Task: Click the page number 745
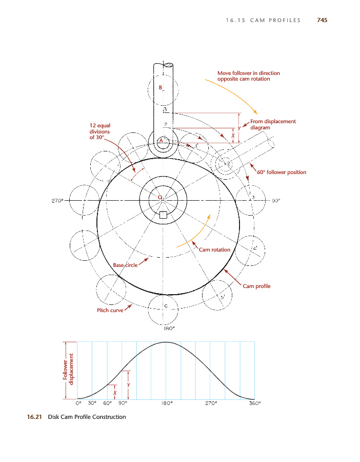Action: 322,20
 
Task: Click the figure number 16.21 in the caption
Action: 34,417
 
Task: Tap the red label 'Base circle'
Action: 125,265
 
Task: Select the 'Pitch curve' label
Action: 110,310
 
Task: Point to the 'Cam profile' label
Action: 256,286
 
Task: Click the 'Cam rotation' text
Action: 214,249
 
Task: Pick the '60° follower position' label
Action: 282,172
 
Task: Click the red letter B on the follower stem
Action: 161,87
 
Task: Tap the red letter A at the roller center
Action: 161,141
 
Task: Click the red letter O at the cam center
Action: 160,197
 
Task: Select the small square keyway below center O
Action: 163,215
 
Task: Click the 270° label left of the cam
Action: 57,201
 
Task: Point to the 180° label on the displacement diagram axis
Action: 167,403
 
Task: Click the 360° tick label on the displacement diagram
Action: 255,403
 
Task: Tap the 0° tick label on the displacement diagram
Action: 78,403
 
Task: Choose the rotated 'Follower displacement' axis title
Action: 68,369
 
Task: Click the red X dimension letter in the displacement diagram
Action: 115,393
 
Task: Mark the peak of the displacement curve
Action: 166,342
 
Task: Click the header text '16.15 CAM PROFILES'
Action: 263,21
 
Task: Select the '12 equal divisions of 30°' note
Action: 100,131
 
